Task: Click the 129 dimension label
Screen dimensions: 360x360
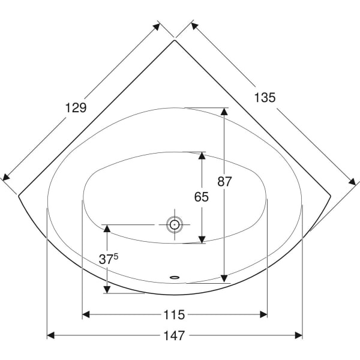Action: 76,107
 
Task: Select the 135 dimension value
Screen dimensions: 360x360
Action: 265,98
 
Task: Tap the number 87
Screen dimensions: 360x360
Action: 224,181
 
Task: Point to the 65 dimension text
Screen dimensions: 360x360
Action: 202,197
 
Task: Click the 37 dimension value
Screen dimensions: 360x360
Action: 106,259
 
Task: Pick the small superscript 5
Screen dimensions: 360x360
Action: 116,256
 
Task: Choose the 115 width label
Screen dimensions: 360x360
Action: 174,315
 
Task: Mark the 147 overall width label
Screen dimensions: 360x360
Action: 174,335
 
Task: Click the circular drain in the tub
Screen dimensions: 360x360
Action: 175,224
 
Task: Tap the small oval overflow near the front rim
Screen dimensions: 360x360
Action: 175,277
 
